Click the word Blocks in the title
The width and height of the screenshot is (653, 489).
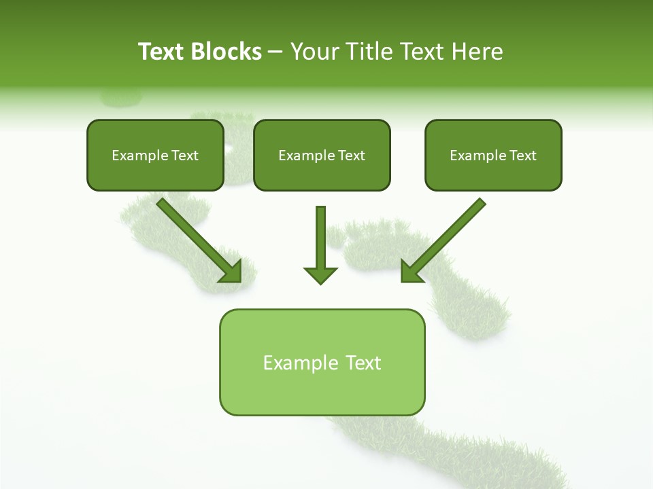pos(226,52)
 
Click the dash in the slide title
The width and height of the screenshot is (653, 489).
pos(275,52)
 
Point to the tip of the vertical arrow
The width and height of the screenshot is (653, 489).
pos(320,282)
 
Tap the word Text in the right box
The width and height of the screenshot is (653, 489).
pos(522,156)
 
